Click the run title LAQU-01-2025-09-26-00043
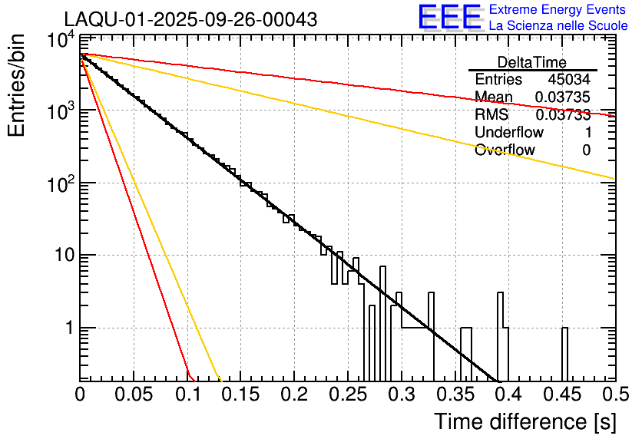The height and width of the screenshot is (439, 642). tap(190, 20)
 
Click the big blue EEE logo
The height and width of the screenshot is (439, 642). tap(449, 18)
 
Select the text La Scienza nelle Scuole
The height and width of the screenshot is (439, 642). tap(558, 25)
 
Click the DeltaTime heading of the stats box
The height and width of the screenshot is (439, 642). tap(532, 62)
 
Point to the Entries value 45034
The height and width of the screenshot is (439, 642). tap(569, 80)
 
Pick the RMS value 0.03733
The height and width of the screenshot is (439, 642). tap(562, 114)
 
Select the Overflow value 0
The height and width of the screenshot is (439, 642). tap(586, 150)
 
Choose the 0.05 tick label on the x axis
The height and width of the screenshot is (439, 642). tap(134, 395)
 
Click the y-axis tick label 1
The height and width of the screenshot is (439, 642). tap(68, 328)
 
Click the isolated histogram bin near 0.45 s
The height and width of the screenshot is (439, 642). tap(564, 353)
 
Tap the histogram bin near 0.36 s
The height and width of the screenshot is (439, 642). tap(466, 353)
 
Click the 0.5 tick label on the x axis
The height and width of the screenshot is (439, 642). tap(614, 395)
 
